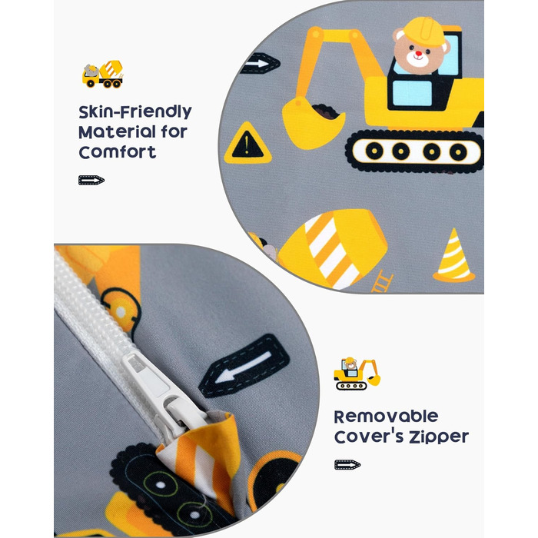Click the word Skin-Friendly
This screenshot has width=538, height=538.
point(135,112)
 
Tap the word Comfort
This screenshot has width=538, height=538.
point(118,152)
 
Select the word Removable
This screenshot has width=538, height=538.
point(387,417)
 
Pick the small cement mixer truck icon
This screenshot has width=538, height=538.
point(103,74)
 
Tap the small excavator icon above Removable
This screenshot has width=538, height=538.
point(357,374)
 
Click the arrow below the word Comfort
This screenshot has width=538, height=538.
point(91,180)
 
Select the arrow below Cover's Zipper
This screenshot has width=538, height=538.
point(347,464)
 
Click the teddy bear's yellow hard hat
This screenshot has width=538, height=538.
point(424,31)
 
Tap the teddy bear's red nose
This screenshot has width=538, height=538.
point(418,54)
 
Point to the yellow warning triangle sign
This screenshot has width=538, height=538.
point(247,144)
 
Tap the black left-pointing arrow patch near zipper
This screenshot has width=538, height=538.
point(244,365)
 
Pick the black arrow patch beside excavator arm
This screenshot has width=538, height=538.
point(260,63)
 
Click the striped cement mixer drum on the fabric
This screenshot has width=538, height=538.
point(333,247)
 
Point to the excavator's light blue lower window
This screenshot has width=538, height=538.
point(412,93)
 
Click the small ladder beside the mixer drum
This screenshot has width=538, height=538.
point(383,281)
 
